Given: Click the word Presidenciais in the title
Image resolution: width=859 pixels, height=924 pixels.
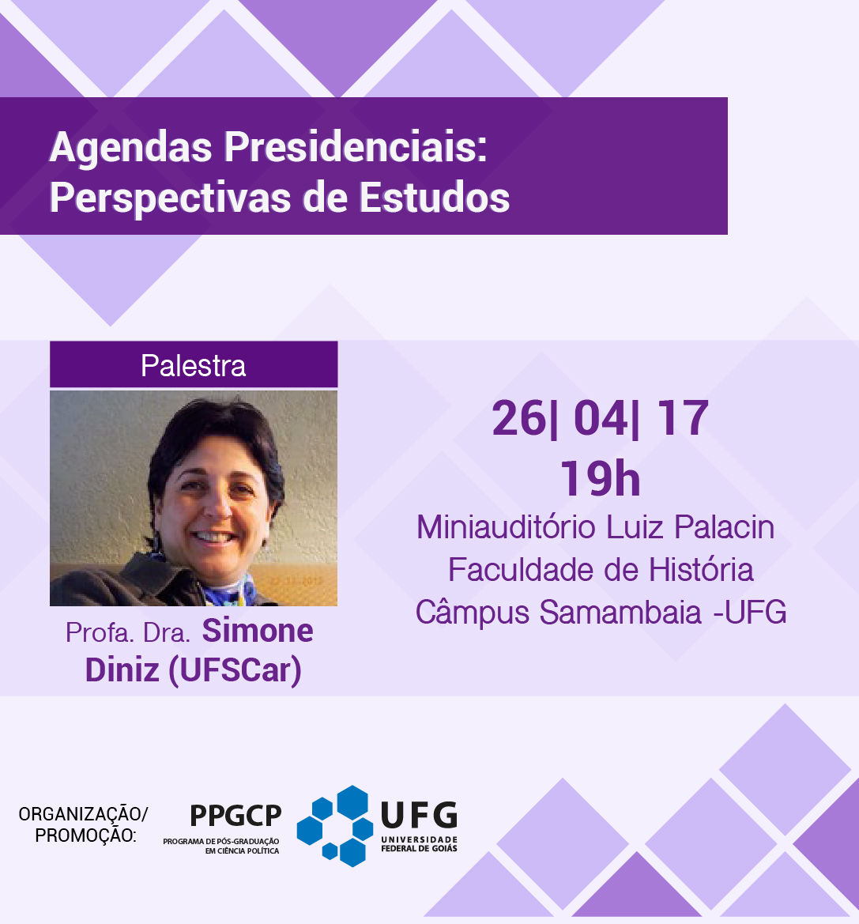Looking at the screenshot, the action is click(356, 146).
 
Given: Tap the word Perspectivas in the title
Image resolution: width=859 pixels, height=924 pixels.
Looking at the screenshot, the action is click(170, 197).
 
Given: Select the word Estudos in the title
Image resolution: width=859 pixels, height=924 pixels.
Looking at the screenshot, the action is click(435, 197).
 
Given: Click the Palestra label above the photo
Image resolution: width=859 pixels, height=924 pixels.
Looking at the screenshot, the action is click(194, 365).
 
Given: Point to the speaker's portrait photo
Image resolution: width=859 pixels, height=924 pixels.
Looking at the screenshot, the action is click(194, 498).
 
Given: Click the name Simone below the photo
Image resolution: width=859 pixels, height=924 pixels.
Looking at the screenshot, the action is click(258, 631).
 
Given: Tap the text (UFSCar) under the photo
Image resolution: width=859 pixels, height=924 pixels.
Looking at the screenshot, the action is click(235, 670).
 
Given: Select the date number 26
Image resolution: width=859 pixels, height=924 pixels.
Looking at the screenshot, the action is click(519, 418).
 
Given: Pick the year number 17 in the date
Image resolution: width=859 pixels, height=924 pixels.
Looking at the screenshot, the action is click(683, 418).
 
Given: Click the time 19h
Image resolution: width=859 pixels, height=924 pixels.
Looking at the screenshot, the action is click(601, 478).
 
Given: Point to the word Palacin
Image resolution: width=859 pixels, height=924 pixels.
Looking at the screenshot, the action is click(724, 527).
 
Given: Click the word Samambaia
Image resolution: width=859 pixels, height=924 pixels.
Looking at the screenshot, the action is click(620, 613).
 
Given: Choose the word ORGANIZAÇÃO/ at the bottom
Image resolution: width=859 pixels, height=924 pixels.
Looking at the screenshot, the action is click(83, 814).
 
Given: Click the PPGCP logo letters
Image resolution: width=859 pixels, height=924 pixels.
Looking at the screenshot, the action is click(235, 817).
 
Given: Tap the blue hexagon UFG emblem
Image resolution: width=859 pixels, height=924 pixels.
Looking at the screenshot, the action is click(335, 826).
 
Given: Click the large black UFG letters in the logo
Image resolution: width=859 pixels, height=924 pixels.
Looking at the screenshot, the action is click(420, 815).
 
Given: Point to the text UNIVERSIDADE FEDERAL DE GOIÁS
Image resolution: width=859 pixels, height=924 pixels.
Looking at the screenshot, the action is click(419, 844).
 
